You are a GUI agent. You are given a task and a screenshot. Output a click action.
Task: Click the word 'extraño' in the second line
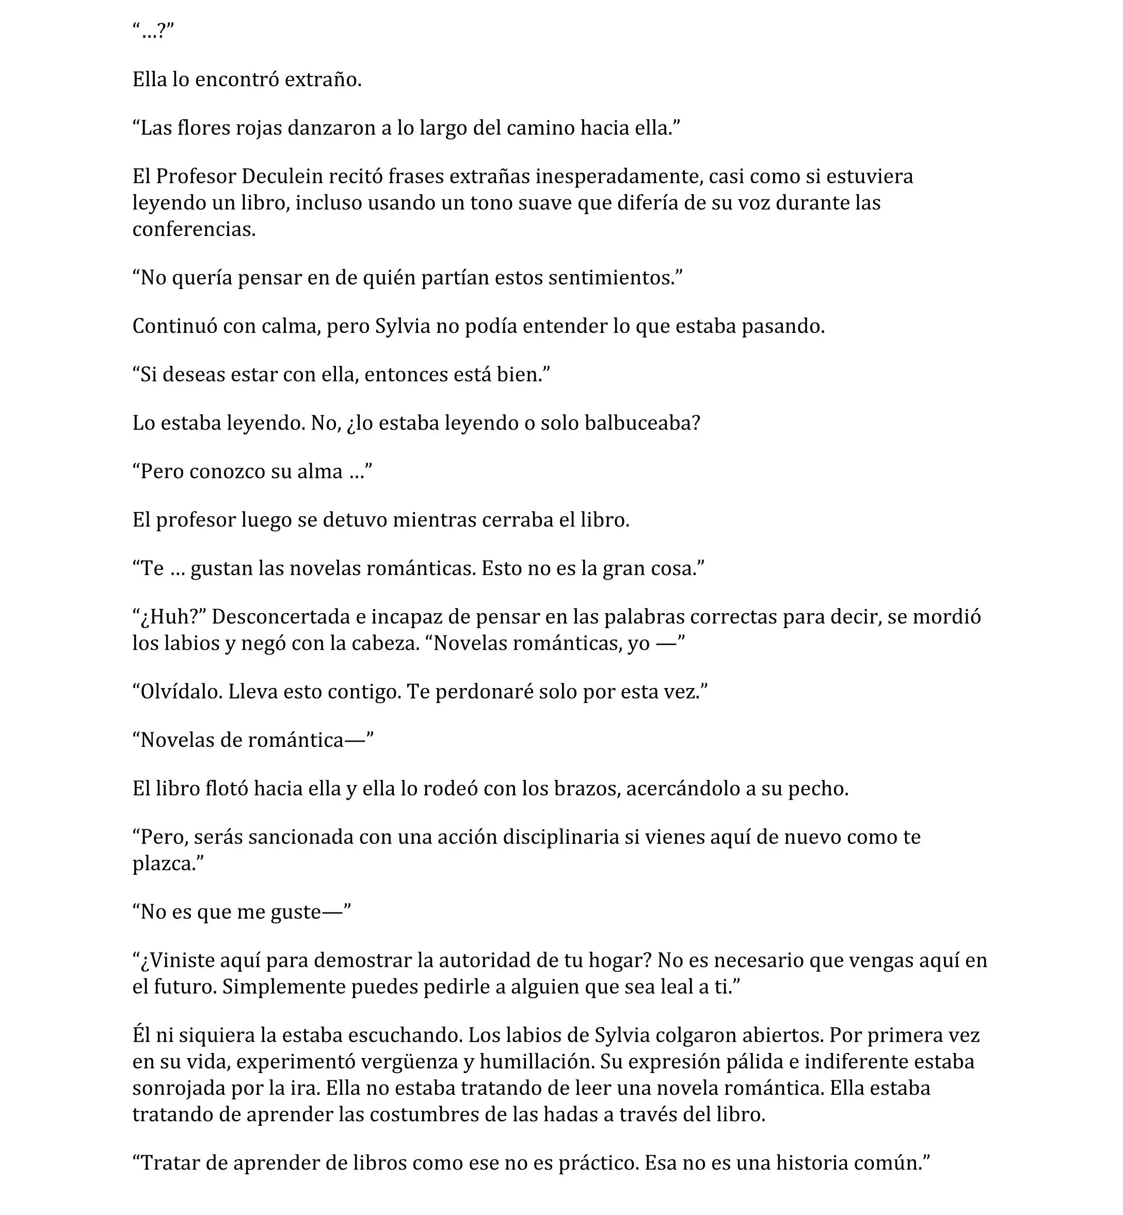click(x=322, y=79)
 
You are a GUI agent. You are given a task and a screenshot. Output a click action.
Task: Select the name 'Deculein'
click(x=282, y=177)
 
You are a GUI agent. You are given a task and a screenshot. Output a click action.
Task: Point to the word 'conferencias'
click(x=193, y=229)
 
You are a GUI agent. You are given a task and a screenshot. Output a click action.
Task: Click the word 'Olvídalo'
click(x=181, y=692)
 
